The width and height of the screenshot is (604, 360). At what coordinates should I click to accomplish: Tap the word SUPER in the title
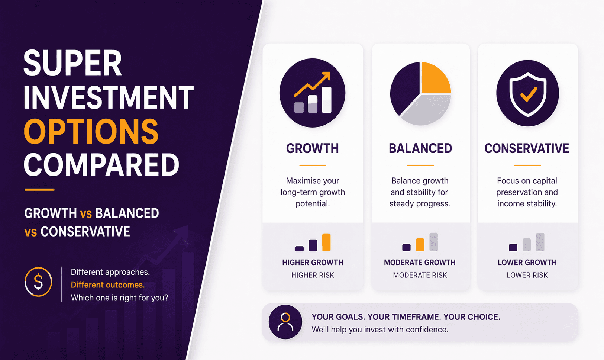point(73,63)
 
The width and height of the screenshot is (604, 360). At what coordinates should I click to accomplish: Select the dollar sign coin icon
point(38,282)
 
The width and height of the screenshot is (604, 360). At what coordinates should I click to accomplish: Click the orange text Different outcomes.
point(108,285)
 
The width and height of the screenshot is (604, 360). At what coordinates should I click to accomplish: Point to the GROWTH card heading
point(312,148)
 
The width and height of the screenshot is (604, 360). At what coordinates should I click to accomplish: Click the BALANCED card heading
point(420,148)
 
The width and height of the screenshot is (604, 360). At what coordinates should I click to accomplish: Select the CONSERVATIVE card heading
point(527,148)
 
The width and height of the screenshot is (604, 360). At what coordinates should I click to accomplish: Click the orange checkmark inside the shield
point(528,94)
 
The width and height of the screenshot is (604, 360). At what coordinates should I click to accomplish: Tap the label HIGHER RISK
point(313,275)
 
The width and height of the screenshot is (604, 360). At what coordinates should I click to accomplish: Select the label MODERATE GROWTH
point(420,263)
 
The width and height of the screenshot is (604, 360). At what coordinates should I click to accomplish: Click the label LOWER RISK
point(527,275)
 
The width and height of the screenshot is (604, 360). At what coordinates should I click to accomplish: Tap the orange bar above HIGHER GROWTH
point(326,242)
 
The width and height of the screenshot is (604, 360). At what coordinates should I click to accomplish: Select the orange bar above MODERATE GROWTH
point(420,244)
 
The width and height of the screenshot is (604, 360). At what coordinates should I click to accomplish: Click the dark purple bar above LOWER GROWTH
point(513,247)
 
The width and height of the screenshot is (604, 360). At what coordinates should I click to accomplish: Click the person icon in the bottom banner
point(285,322)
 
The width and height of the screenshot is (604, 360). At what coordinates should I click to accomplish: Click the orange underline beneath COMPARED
point(39,190)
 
